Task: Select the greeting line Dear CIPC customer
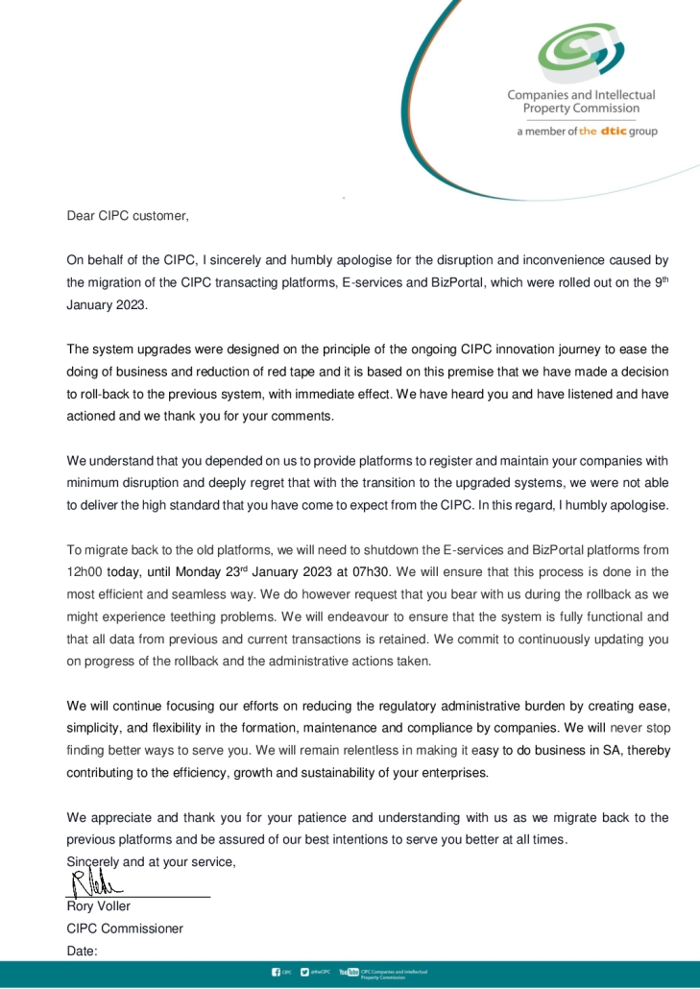[x=128, y=216]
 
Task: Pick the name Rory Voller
[x=99, y=906]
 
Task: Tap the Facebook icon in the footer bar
[x=277, y=973]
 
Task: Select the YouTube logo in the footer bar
[x=349, y=973]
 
